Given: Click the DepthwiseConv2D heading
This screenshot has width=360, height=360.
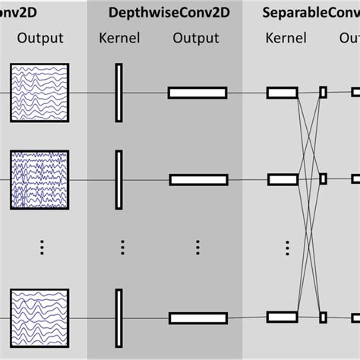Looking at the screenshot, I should click(x=164, y=13).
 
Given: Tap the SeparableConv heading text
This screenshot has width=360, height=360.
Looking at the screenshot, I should click(x=311, y=13).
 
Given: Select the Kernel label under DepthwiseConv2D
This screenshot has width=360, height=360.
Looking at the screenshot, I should click(x=119, y=38).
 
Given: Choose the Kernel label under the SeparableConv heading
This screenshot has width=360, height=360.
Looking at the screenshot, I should click(x=286, y=38).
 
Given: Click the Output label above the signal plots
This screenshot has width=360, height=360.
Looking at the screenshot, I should click(x=39, y=38).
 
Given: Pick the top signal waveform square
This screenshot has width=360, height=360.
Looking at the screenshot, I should click(x=39, y=93).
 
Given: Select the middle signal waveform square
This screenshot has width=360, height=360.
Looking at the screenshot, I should click(x=39, y=180).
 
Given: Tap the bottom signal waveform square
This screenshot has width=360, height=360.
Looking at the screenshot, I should click(x=39, y=317).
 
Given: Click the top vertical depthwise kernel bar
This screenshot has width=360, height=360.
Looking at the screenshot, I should click(x=118, y=93).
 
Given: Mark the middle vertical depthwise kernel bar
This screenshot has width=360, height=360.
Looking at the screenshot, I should click(x=118, y=180).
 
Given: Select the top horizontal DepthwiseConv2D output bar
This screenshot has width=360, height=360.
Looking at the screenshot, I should click(x=197, y=93).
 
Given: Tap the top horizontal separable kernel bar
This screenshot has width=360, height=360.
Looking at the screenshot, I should click(x=282, y=93).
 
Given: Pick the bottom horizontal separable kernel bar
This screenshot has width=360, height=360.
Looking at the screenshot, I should click(x=282, y=317).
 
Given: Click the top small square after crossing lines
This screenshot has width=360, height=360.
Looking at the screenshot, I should click(x=323, y=93).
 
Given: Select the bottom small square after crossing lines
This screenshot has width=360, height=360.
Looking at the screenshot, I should click(x=323, y=317).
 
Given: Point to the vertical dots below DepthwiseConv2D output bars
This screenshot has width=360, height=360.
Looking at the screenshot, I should click(x=197, y=248).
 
